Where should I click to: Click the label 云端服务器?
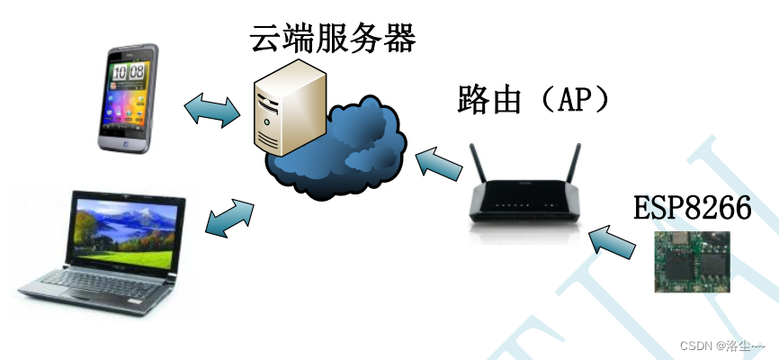click(334, 37)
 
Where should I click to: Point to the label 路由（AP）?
click(532, 100)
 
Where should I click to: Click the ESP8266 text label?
click(692, 208)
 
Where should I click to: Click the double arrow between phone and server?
click(212, 109)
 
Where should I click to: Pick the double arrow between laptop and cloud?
click(229, 219)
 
